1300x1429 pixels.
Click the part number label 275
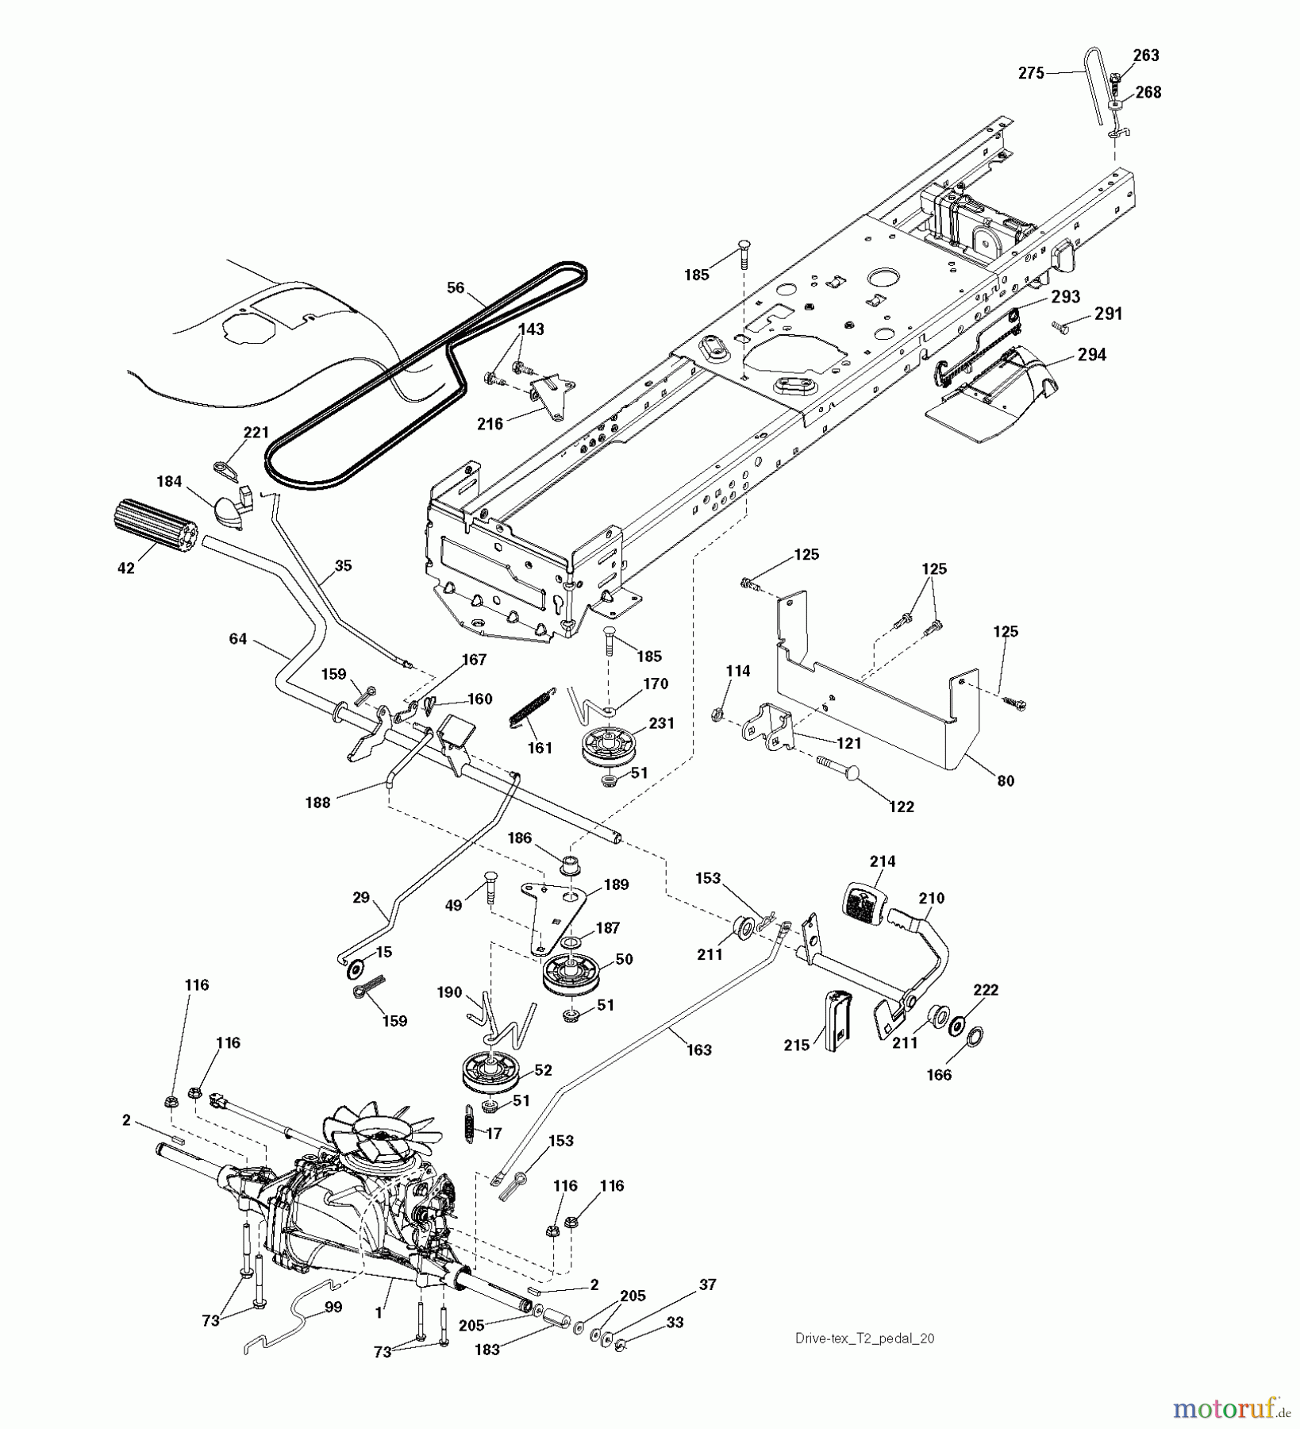[1032, 74]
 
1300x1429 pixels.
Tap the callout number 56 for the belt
[455, 287]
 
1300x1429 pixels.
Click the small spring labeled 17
[469, 1124]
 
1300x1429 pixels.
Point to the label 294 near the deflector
[1091, 355]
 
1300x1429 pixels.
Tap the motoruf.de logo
[1230, 1408]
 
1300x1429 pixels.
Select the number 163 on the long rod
[698, 1050]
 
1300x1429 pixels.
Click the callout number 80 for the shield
[1005, 780]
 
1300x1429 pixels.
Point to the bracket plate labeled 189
[558, 913]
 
